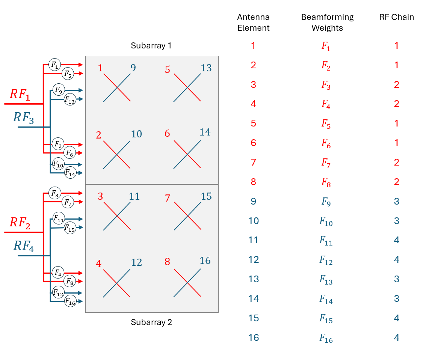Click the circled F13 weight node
coord(69,99)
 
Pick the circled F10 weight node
coord(58,164)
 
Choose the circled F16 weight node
coord(70,301)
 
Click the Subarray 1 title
coord(151,46)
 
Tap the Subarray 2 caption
coord(151,322)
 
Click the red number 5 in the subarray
coord(168,69)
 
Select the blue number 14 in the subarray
coord(205,133)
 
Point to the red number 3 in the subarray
coord(100,197)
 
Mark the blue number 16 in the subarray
coord(205,261)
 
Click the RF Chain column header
coord(396,17)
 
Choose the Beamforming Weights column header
coord(327,23)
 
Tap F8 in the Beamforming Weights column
coord(326,182)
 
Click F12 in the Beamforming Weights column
coord(326,260)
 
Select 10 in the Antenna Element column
coord(254,221)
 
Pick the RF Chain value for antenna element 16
coord(396,337)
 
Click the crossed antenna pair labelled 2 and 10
coord(117,155)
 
